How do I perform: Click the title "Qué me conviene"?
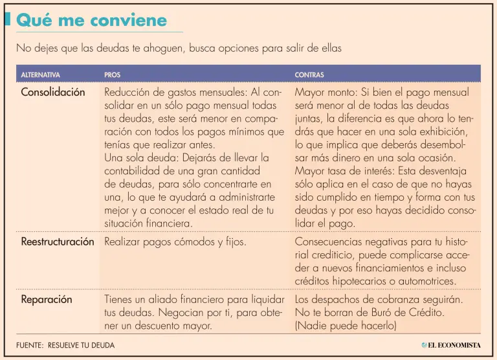(91, 20)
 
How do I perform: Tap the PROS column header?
(112, 75)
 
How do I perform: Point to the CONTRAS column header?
(309, 75)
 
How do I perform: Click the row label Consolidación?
(53, 92)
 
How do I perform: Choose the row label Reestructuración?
(58, 242)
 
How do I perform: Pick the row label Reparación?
(47, 299)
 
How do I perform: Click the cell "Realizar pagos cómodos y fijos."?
(175, 242)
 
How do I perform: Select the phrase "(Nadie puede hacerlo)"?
(346, 326)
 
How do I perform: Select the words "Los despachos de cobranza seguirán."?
(379, 300)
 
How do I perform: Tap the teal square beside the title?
(7, 20)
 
